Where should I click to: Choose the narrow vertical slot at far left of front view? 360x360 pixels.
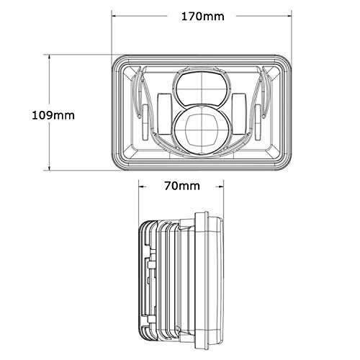(143, 113)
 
